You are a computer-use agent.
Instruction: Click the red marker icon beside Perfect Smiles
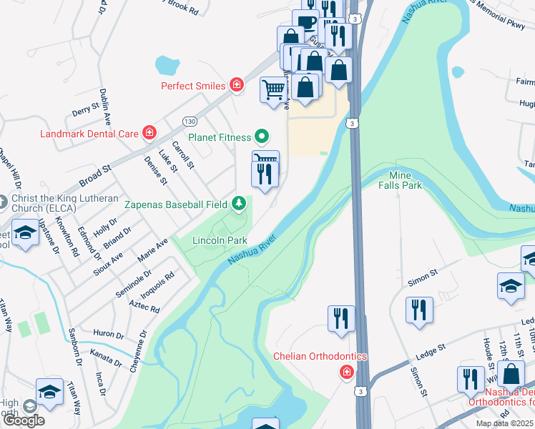[x=237, y=86]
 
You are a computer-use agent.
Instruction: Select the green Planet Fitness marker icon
[x=262, y=137]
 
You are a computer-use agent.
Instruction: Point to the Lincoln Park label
[x=220, y=240]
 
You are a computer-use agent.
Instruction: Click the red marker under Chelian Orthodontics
[x=346, y=372]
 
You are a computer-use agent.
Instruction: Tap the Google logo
[x=24, y=420]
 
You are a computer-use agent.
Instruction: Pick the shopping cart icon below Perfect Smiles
[x=272, y=90]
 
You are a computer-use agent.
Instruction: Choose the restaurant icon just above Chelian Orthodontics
[x=341, y=318]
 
